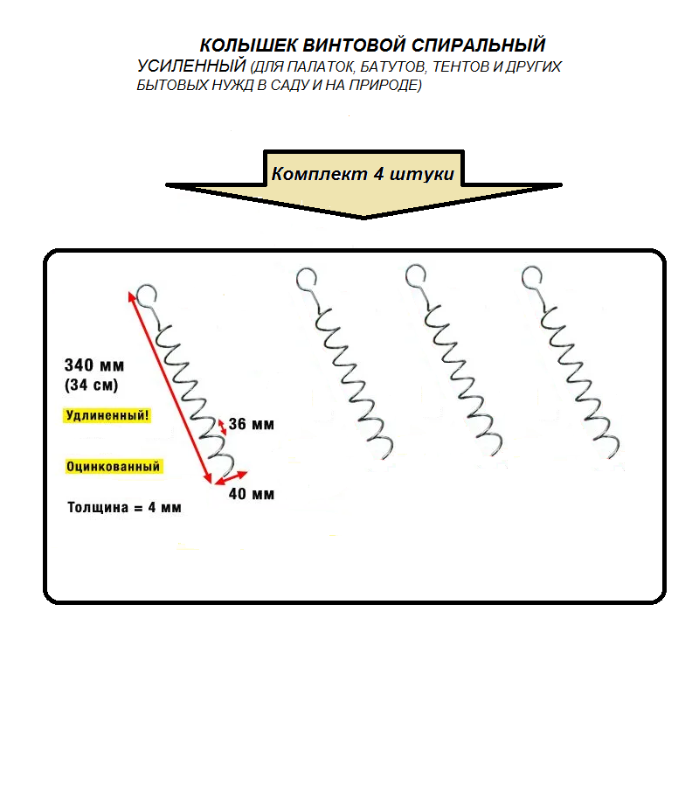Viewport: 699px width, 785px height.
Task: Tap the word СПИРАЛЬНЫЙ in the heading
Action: pyautogui.click(x=478, y=45)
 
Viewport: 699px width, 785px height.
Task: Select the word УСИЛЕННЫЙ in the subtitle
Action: pyautogui.click(x=191, y=66)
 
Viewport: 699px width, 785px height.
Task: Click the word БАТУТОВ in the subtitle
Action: pyautogui.click(x=393, y=66)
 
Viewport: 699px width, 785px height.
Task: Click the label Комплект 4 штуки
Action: pyautogui.click(x=363, y=174)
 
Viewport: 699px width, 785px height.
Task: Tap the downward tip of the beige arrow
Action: pyautogui.click(x=363, y=218)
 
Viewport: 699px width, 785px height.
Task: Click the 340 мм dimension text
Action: pyautogui.click(x=94, y=365)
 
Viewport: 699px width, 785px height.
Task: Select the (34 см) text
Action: pyautogui.click(x=91, y=385)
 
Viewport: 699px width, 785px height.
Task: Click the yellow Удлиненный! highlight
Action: pyautogui.click(x=107, y=415)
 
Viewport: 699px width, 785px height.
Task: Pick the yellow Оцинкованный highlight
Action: pyautogui.click(x=113, y=467)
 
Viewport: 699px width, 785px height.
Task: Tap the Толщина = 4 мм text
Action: pyautogui.click(x=124, y=508)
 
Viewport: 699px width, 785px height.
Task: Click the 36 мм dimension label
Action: pyautogui.click(x=251, y=425)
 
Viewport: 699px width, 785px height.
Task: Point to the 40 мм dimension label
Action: pyautogui.click(x=251, y=494)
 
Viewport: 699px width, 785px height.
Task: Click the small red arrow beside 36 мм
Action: pyautogui.click(x=222, y=427)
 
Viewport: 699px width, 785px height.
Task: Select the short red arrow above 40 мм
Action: pyautogui.click(x=231, y=477)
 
